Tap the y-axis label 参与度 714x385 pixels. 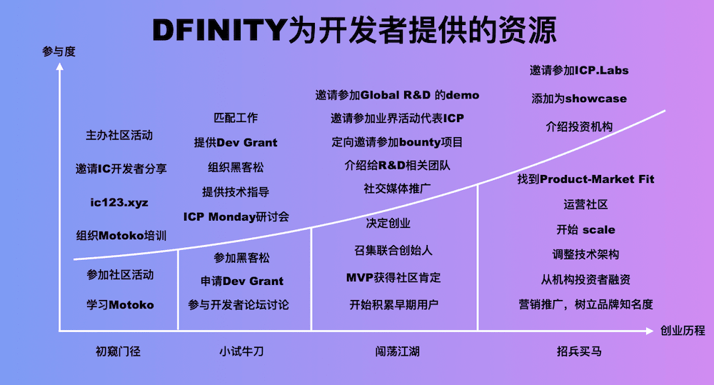(59, 52)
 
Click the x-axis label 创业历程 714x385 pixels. (683, 330)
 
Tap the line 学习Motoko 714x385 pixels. (120, 304)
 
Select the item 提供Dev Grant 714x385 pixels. (236, 142)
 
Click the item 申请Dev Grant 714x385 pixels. (242, 281)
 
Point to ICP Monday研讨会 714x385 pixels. (236, 216)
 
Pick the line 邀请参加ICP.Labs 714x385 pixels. (579, 70)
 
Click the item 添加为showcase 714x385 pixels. (579, 98)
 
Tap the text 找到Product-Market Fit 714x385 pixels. (585, 179)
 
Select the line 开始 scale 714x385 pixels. (585, 229)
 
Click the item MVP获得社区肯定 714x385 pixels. (393, 277)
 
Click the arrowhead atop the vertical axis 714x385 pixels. (60, 66)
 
